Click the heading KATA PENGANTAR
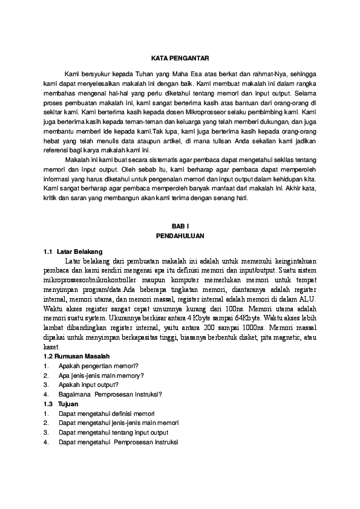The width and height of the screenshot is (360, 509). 180,58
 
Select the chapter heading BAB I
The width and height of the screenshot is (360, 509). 180,225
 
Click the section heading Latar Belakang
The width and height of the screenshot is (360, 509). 80,251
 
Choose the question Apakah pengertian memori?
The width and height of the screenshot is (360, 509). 99,366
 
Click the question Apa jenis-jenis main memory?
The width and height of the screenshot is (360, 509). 101,375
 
